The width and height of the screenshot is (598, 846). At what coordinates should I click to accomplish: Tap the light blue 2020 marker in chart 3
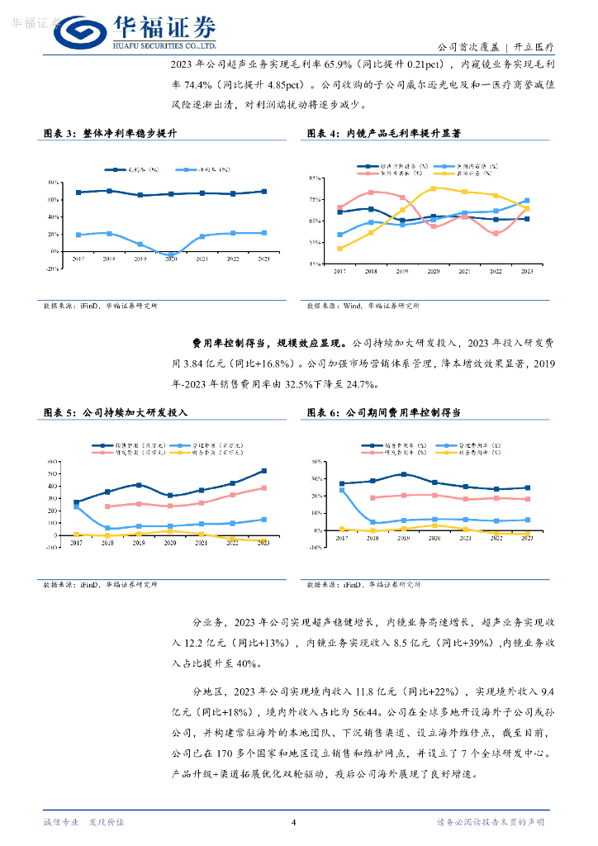coord(171,254)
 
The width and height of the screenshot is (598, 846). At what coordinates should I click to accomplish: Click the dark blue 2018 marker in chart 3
coord(109,191)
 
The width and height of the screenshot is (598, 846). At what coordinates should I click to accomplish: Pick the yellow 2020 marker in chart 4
coord(433,188)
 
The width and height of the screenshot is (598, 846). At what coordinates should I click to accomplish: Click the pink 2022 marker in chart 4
coord(496,234)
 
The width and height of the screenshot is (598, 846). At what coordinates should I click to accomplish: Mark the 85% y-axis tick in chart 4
coord(315,178)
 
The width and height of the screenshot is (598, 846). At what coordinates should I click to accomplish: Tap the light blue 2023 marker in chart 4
coord(527,201)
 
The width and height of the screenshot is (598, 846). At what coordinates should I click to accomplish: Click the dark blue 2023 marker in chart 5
coord(264,471)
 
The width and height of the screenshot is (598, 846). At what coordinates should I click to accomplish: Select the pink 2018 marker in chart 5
coord(107,506)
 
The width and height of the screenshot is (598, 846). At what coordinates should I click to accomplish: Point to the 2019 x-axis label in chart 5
coord(139,542)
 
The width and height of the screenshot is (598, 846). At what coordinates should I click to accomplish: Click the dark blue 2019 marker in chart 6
coord(403,474)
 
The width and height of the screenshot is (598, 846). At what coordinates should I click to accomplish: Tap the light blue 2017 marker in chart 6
coord(341,491)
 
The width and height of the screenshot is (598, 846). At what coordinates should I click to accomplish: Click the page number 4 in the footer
coord(293,822)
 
